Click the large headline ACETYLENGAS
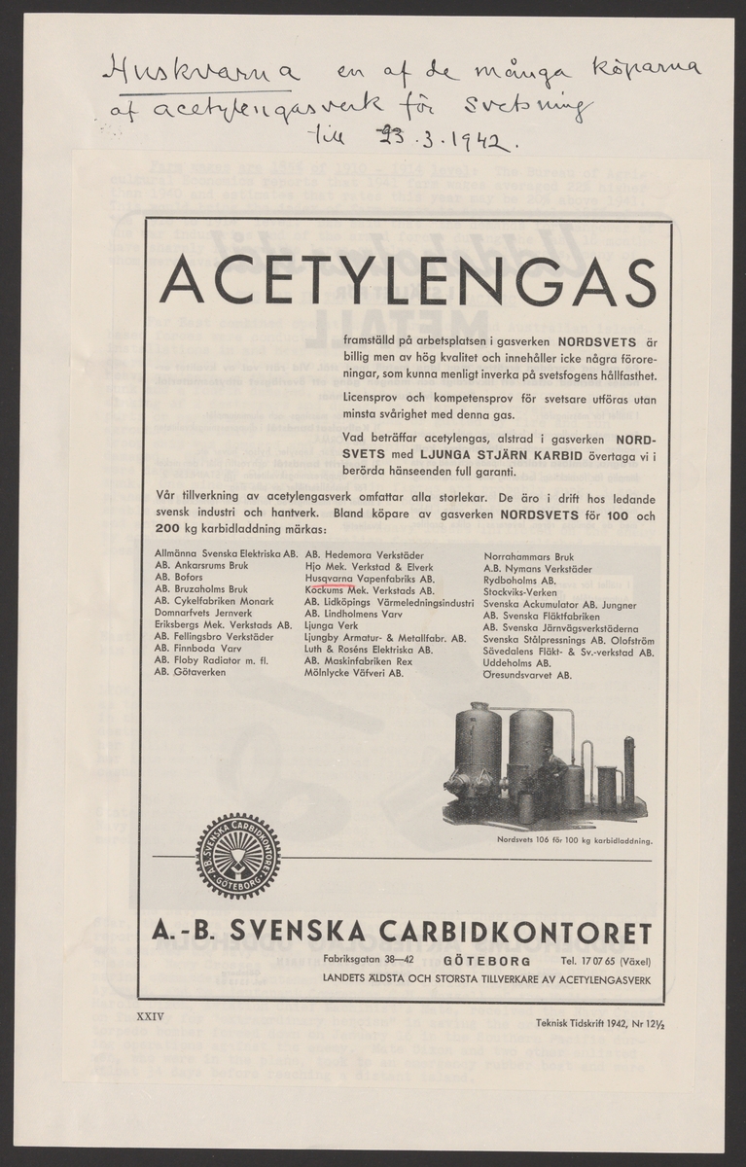coord(408,279)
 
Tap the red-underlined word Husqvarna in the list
coord(328,578)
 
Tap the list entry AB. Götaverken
coord(188,673)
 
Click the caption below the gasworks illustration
coord(574,838)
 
